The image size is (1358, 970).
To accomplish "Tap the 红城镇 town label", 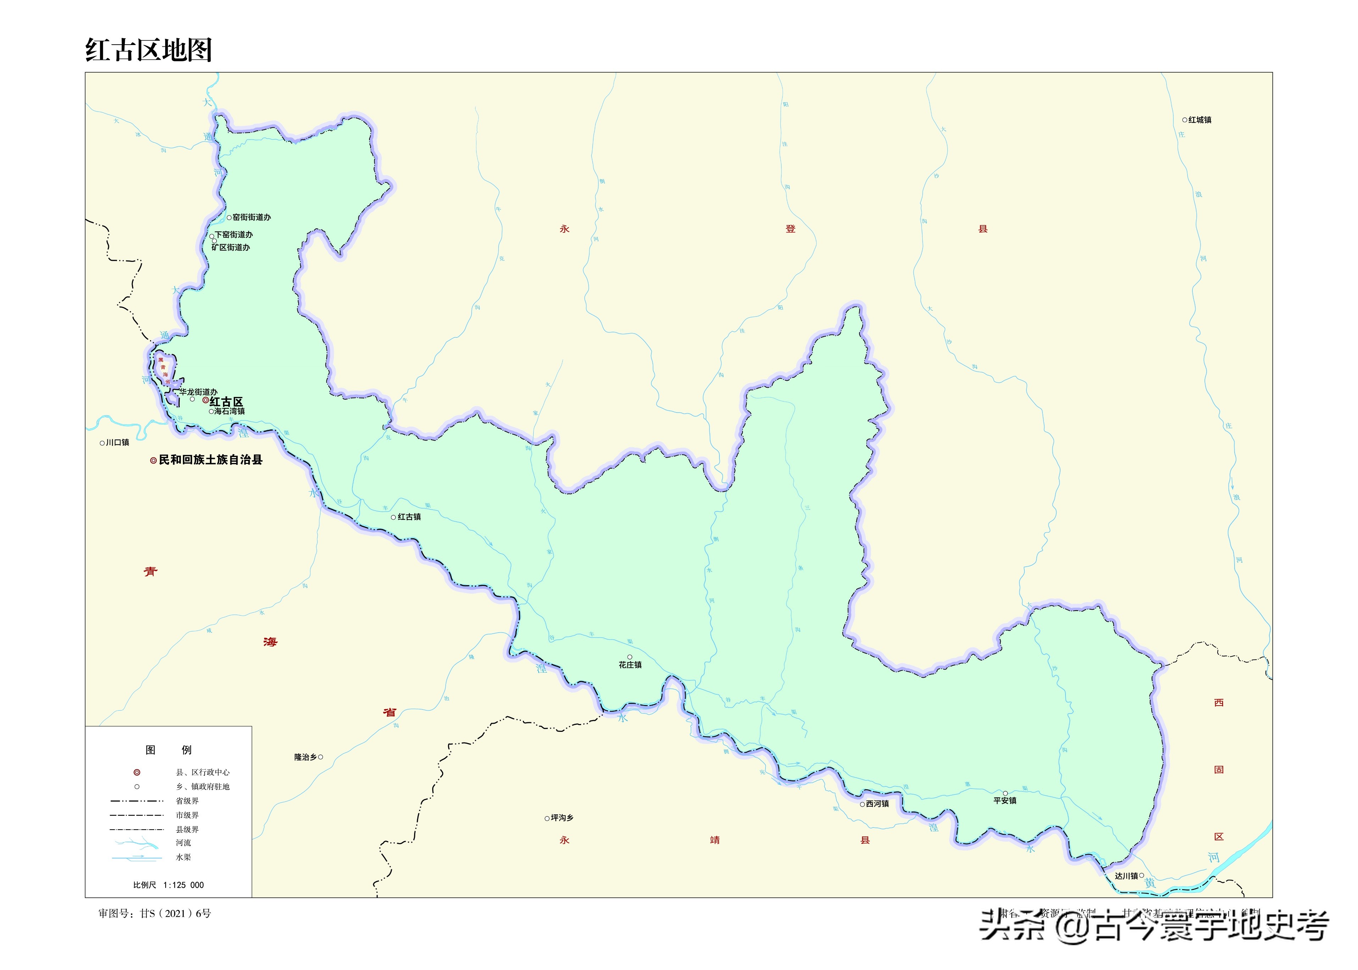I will [1200, 120].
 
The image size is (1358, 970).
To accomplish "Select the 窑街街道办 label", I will [251, 217].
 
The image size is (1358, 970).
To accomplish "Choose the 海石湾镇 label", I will [229, 411].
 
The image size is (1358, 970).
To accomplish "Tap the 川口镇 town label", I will [117, 443].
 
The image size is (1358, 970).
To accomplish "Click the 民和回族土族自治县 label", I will [210, 460].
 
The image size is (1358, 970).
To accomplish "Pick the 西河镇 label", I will [877, 804].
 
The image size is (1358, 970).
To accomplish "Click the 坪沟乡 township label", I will [562, 818].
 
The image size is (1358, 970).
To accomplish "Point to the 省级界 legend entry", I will [187, 801].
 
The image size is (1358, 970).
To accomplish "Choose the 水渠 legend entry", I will [183, 857].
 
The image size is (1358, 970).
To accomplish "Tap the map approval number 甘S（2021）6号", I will [175, 913].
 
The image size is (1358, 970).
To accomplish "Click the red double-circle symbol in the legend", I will [137, 772].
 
